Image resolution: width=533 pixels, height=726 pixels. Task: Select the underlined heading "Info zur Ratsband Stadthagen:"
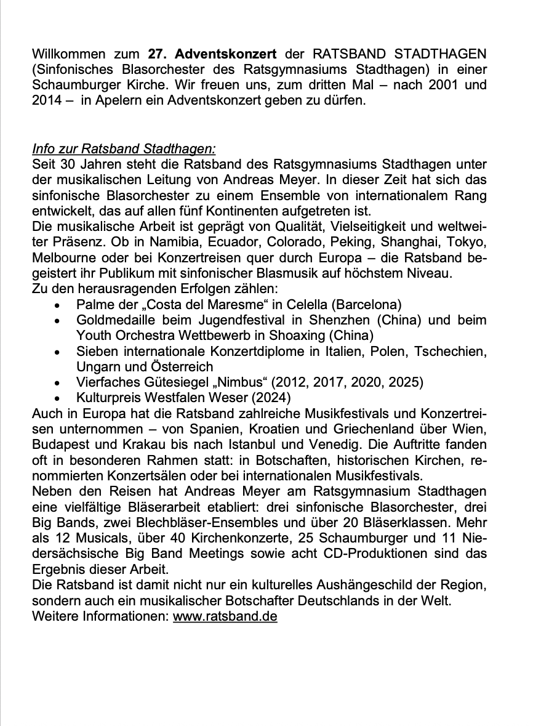(x=124, y=150)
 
